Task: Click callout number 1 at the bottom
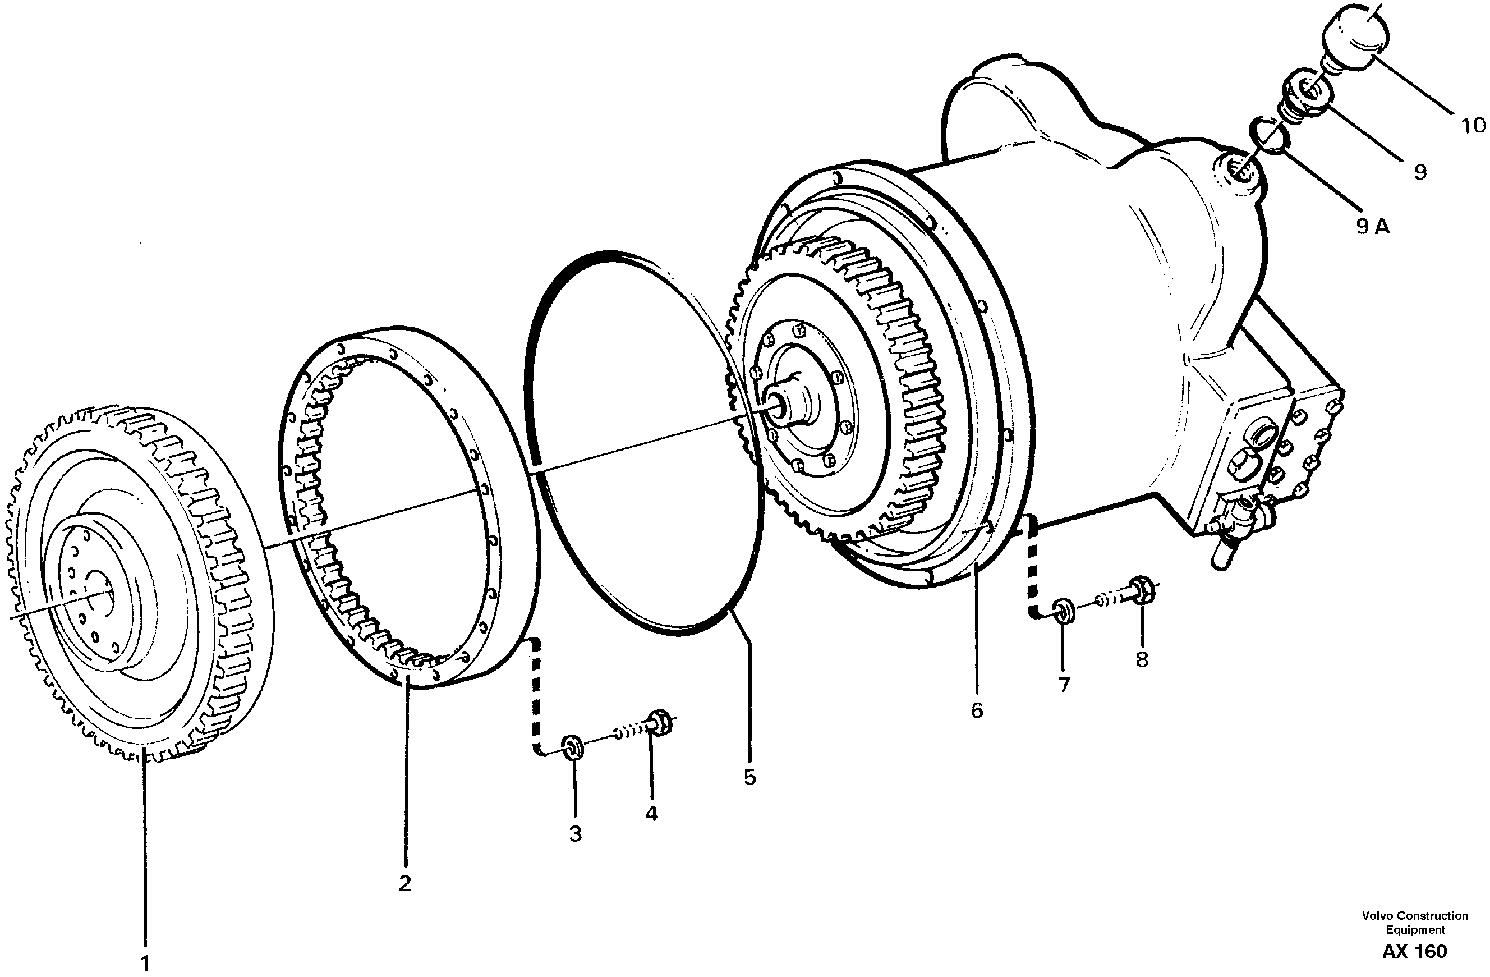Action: [145, 962]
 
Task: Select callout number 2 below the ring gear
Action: [405, 884]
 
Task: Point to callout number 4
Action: [651, 814]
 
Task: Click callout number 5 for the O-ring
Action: [749, 777]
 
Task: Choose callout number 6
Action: [977, 710]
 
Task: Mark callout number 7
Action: [1064, 685]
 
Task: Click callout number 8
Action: [1142, 659]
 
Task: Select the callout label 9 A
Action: [1373, 227]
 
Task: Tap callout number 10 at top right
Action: [1473, 126]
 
